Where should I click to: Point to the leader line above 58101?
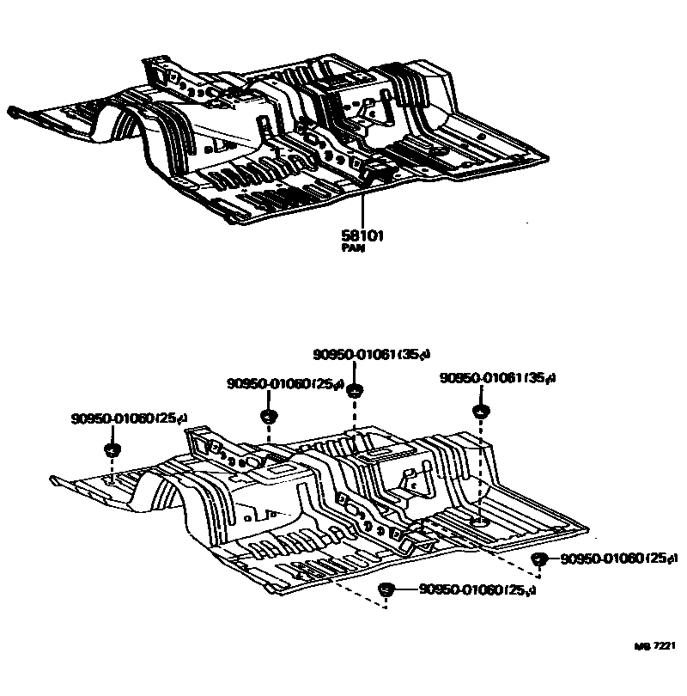pos(362,202)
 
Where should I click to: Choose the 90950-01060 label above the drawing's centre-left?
pos(275,384)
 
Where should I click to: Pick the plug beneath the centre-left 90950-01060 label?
pos(267,417)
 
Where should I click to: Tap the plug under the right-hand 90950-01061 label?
pos(481,410)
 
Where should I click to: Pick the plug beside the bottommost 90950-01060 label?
pos(386,589)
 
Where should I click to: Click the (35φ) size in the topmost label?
pos(415,354)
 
